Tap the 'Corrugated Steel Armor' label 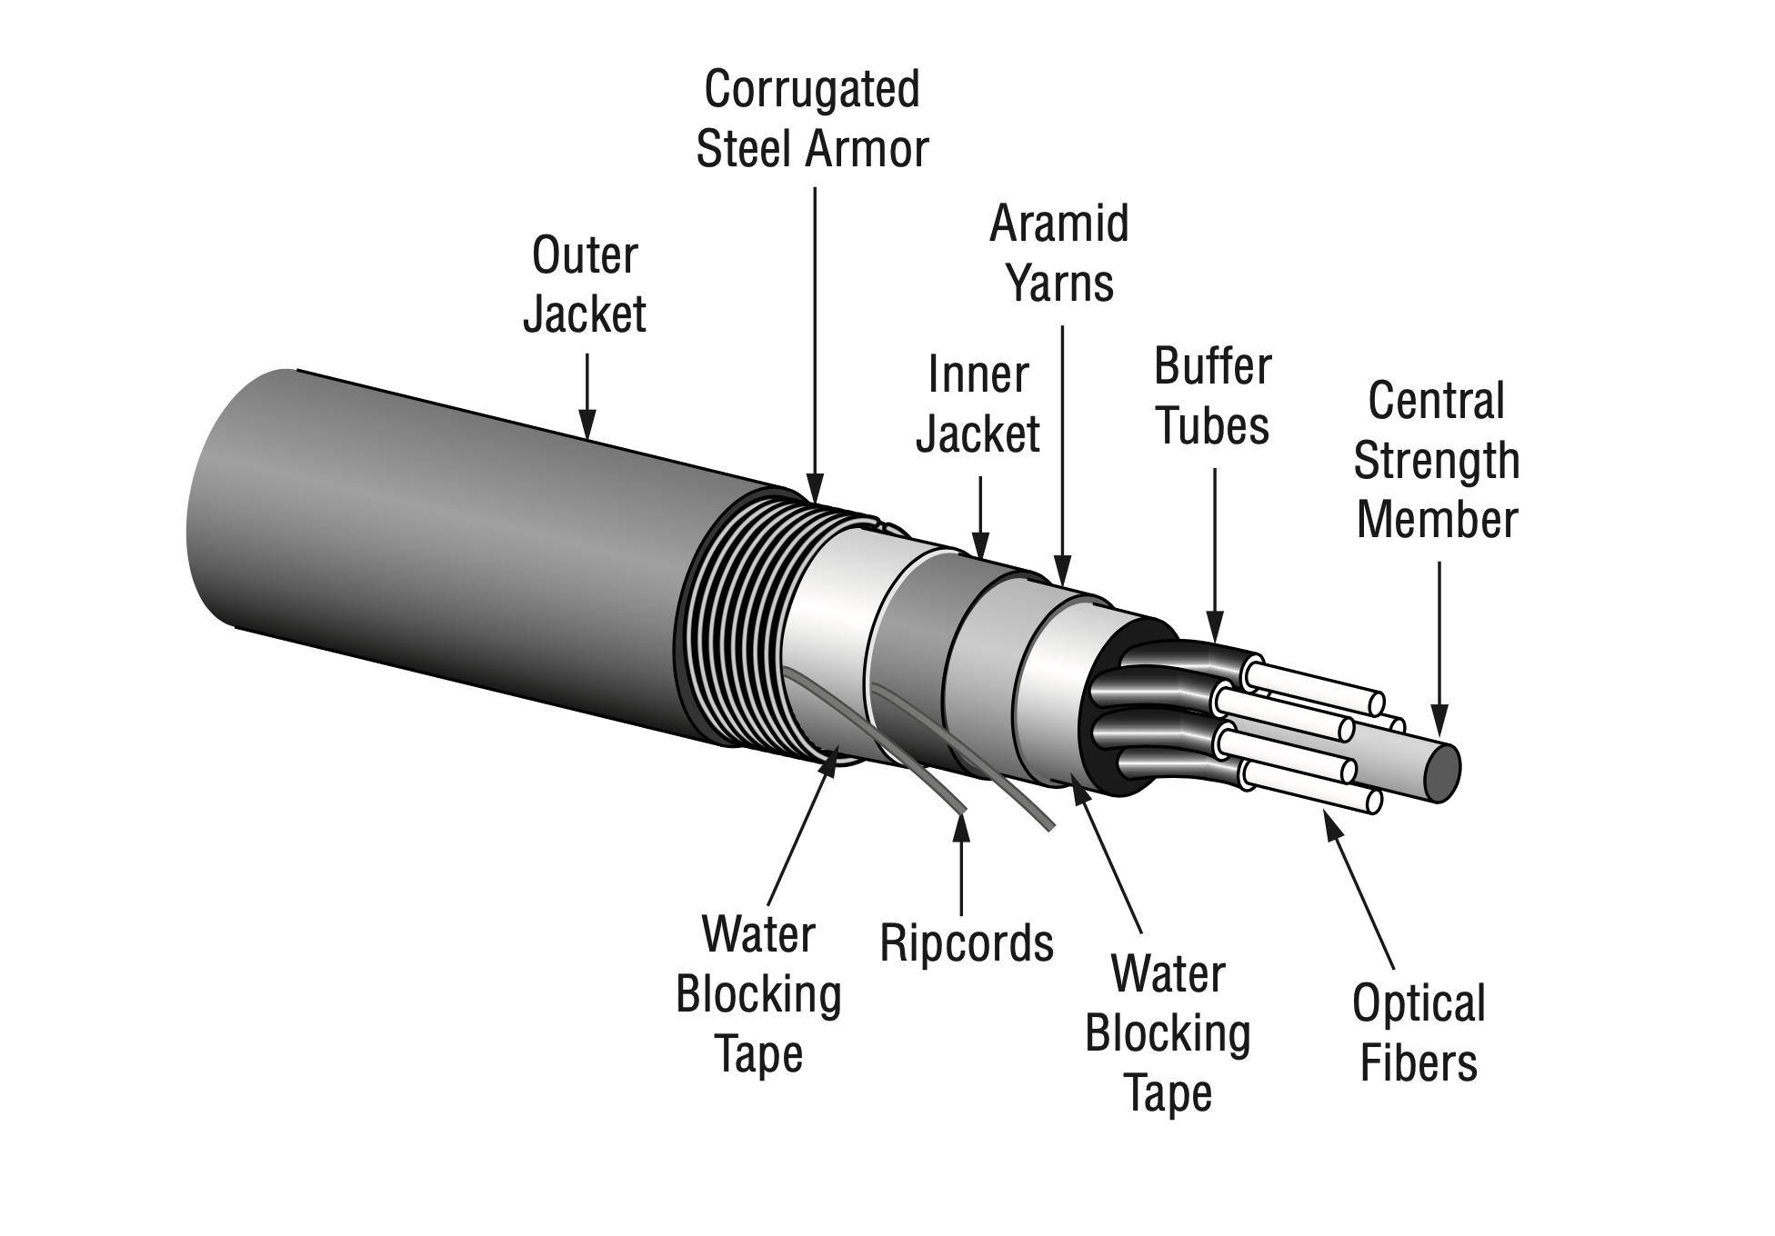tap(812, 119)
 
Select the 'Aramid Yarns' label tap(1059, 253)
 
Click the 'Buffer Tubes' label tap(1212, 396)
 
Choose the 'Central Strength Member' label tap(1437, 460)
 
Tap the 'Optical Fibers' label tap(1419, 1032)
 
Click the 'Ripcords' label tap(967, 943)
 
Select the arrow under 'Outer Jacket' tap(587, 396)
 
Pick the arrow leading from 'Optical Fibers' tap(1358, 890)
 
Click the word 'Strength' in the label tap(1437, 461)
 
